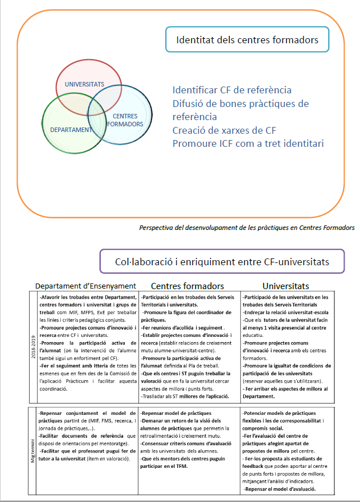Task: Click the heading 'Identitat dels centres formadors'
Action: coord(247,40)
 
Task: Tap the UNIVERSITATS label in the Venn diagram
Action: coord(84,84)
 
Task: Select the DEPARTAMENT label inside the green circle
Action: coord(71,129)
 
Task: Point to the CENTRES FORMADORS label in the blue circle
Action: coord(125,120)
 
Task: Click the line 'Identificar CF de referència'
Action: coord(232,90)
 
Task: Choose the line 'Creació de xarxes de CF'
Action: coord(224,130)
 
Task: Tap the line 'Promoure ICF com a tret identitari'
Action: coord(248,143)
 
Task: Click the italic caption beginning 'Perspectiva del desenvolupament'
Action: coord(247,227)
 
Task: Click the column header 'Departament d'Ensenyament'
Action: coord(85,286)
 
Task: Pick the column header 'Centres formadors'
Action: coord(187,286)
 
